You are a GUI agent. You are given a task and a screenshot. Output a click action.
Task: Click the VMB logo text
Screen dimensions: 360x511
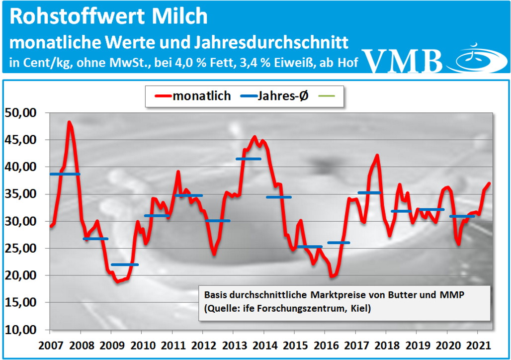[x=403, y=61]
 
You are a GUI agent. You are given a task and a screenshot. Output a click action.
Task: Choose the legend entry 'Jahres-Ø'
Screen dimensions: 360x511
[x=274, y=96]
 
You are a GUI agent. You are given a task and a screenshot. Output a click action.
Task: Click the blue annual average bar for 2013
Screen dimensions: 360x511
[x=248, y=159]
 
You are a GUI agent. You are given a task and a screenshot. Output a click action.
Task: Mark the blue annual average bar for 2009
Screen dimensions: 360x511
[x=125, y=265]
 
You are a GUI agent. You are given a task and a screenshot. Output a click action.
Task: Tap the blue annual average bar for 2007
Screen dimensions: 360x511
[x=64, y=174]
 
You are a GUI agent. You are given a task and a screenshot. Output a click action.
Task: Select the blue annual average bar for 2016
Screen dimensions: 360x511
[x=339, y=243]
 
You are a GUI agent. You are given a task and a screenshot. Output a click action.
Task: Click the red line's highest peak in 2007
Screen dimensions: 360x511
[x=69, y=122]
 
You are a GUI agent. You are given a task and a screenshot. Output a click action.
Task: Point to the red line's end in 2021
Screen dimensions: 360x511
[x=490, y=183]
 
